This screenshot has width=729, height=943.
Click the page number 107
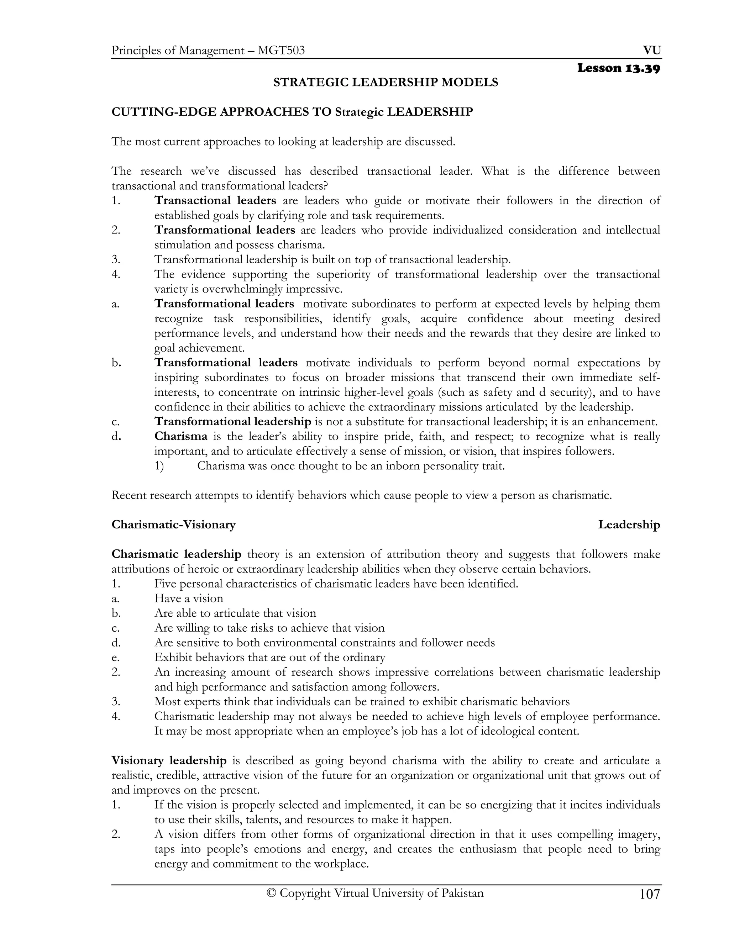pos(650,894)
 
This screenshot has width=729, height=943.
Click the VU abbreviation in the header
pos(652,51)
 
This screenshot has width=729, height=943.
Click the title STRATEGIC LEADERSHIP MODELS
pos(386,82)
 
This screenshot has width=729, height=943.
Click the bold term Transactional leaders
pos(215,200)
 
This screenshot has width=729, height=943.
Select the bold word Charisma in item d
pos(181,436)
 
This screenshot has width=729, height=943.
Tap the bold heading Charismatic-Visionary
pos(174,525)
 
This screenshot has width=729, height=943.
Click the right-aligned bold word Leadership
pos(629,525)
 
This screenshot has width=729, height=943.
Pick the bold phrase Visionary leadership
pos(169,760)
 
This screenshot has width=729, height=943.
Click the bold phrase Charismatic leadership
pos(176,554)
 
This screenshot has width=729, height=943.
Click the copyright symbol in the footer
pos(271,893)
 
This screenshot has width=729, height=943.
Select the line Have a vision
pos(189,599)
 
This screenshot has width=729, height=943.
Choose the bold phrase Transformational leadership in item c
pos(233,421)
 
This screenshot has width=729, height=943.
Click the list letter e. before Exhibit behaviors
pos(115,658)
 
